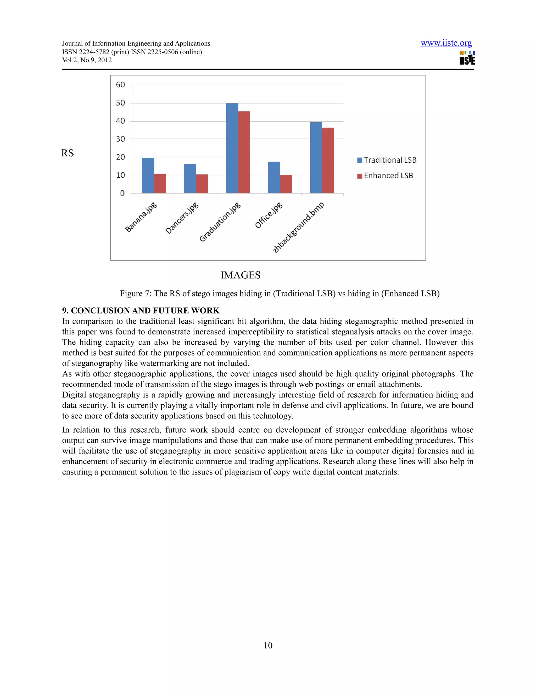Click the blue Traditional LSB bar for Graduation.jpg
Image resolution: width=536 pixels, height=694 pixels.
point(232,148)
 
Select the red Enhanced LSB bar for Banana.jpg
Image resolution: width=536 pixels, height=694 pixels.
point(160,183)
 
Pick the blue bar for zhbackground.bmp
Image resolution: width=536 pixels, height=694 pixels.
point(316,158)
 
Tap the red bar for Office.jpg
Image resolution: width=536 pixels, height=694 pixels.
point(286,184)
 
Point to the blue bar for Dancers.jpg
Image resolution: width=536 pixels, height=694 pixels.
point(190,179)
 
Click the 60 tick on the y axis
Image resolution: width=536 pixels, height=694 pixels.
point(121,85)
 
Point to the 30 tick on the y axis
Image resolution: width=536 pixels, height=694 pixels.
point(121,139)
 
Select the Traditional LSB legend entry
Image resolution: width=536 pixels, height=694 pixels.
point(387,160)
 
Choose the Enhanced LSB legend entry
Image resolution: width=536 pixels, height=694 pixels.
point(385,176)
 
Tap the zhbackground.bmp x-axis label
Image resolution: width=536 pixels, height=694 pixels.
point(298,228)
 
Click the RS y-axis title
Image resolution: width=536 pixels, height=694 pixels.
point(67,153)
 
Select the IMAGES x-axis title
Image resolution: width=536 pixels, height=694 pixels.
point(240,275)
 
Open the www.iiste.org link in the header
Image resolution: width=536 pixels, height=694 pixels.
point(446,43)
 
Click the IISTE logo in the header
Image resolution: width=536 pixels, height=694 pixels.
point(467,58)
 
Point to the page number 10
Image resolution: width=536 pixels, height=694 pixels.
point(268,645)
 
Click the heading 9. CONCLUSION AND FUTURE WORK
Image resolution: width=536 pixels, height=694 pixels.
point(141,310)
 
